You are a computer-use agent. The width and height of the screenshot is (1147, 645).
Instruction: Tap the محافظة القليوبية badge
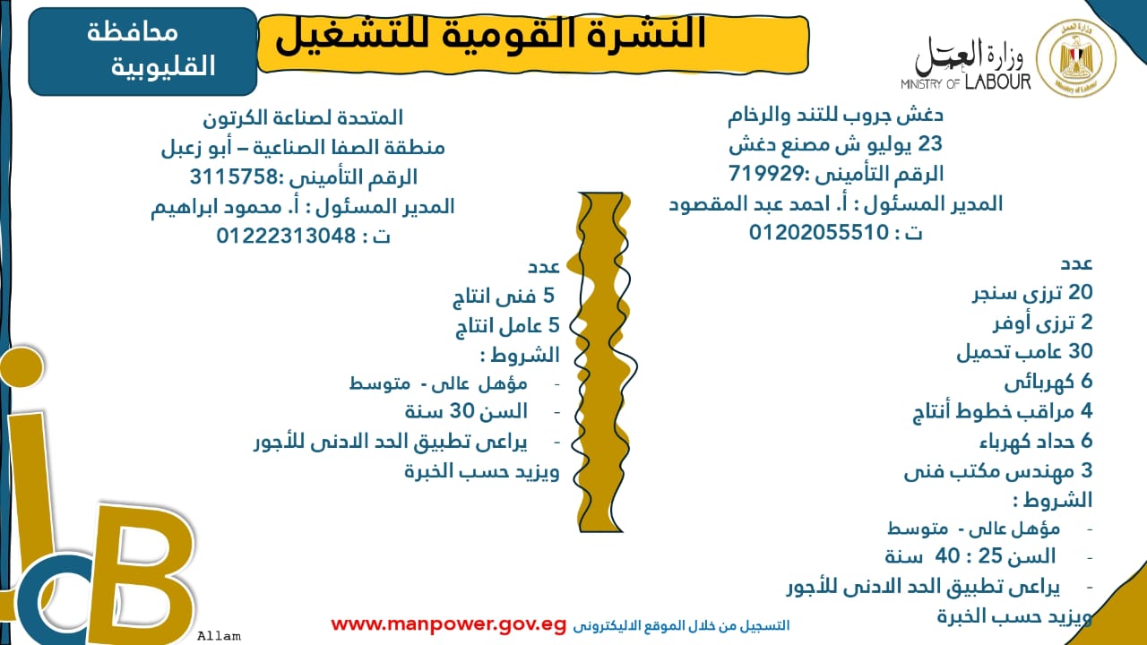pos(143,50)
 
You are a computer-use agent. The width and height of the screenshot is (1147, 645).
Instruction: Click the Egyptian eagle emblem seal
pos(1076,59)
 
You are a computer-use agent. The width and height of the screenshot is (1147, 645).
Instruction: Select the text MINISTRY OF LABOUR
pos(966,83)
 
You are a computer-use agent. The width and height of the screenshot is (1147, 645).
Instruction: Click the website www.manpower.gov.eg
pos(449,624)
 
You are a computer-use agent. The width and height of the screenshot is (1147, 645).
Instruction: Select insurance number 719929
pos(760,173)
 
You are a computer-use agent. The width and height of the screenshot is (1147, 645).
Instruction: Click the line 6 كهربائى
pos(1048,382)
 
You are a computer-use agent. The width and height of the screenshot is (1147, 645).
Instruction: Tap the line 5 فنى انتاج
pos(505,297)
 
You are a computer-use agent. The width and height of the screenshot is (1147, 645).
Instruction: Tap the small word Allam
pos(219,636)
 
